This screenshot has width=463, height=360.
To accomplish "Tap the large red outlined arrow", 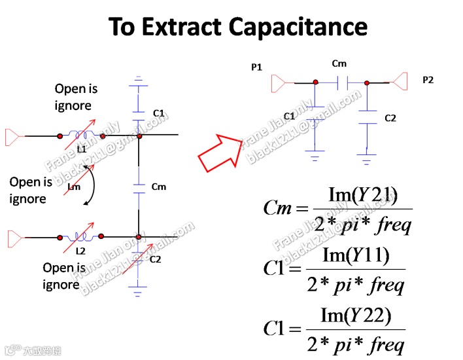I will [220, 152].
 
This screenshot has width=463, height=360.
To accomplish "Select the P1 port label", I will [256, 67].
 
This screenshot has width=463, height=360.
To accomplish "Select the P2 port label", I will [428, 80].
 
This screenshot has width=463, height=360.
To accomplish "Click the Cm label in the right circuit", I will [339, 63].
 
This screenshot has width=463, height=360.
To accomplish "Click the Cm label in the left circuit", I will [159, 187].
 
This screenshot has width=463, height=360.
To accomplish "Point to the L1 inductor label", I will [82, 149].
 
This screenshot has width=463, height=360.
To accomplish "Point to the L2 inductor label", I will [81, 251].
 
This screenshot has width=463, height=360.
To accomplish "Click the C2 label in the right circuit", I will [390, 118].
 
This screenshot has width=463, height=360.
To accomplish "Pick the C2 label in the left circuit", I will [155, 260].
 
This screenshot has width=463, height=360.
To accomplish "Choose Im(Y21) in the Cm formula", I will [362, 194].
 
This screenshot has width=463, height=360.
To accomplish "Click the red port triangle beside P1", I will [279, 83].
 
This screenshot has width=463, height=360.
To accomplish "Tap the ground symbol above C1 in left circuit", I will [138, 82].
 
